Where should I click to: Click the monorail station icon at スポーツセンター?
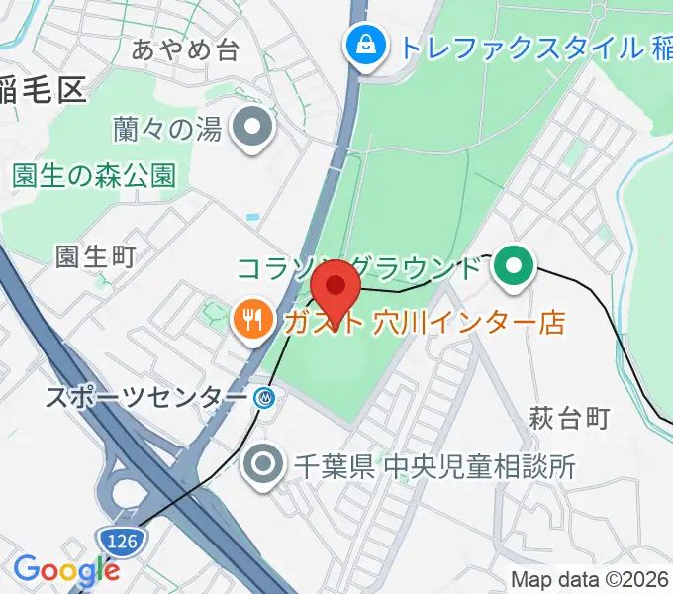(x=264, y=398)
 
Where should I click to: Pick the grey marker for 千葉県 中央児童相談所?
(x=263, y=463)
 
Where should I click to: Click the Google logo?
(x=66, y=570)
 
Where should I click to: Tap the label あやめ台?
(x=185, y=50)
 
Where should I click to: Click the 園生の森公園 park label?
(x=94, y=176)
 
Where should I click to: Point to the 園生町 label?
(x=95, y=256)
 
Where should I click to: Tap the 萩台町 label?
(x=568, y=418)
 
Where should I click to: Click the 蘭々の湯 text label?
(x=167, y=129)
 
